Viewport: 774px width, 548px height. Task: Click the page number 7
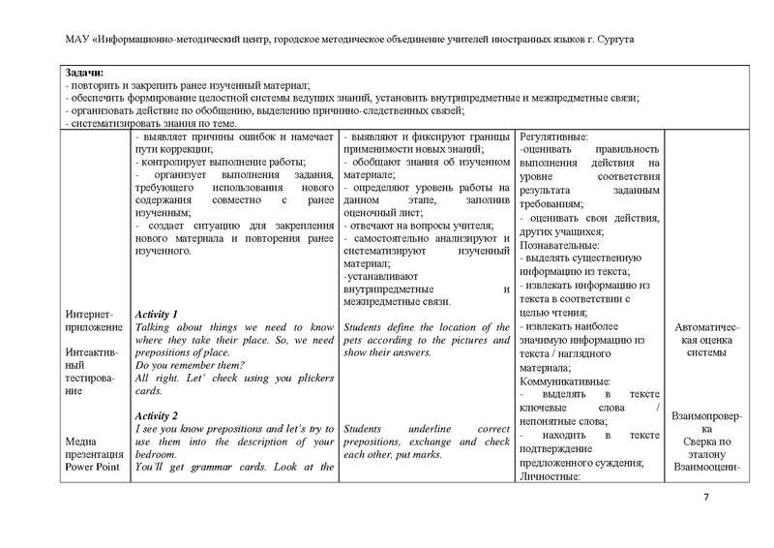[705, 498]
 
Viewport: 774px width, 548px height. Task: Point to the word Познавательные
[565, 246]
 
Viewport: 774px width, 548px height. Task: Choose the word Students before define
[365, 327]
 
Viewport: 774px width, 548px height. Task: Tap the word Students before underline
[365, 428]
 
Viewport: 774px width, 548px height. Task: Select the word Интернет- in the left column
[90, 316]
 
